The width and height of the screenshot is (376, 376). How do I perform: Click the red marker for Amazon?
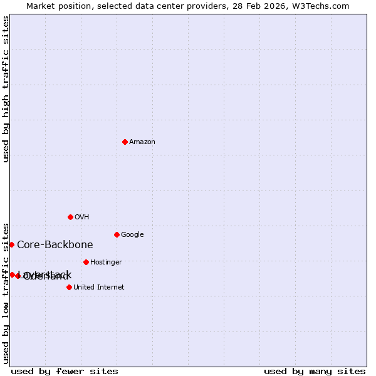point(125,142)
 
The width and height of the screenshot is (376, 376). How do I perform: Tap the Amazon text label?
point(142,142)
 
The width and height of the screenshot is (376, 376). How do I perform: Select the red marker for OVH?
point(70,217)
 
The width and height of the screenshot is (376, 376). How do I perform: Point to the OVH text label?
point(82,217)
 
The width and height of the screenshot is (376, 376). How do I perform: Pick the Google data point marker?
point(117,234)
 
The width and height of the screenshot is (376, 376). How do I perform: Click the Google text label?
point(132,235)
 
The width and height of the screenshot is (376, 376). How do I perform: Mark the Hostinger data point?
point(86,262)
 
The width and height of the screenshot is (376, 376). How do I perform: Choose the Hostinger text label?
point(106,263)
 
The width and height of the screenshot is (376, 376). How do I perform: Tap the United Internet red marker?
point(69,287)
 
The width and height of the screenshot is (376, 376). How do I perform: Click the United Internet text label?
point(99,288)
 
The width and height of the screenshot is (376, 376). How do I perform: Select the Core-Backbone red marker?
point(11,244)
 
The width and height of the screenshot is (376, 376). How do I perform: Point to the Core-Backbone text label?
point(55,245)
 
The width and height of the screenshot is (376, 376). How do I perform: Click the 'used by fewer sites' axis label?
point(65,372)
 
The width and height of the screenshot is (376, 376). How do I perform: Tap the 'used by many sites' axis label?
point(315,372)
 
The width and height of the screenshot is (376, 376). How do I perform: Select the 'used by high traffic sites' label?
point(6,89)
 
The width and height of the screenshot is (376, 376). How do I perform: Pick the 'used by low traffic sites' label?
point(6,293)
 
